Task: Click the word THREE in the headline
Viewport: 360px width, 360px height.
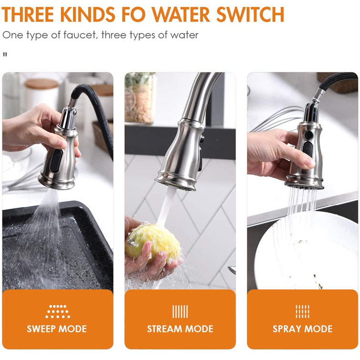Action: (x=28, y=15)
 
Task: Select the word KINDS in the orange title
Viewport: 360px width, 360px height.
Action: (x=88, y=15)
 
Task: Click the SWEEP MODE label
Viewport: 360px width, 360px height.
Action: (x=57, y=329)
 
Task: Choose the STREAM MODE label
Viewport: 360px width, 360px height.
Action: (x=180, y=329)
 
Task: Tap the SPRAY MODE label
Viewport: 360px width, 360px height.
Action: (x=303, y=329)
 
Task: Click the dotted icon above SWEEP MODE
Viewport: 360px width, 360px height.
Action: (x=58, y=311)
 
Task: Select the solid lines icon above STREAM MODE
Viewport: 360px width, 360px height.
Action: (x=180, y=311)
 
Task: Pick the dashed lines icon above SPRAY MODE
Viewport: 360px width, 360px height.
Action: (x=303, y=311)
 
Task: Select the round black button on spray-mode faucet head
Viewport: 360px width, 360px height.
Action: (x=309, y=134)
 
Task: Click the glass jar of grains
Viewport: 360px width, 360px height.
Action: (x=140, y=98)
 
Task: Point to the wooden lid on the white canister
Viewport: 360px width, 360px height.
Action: (x=41, y=84)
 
